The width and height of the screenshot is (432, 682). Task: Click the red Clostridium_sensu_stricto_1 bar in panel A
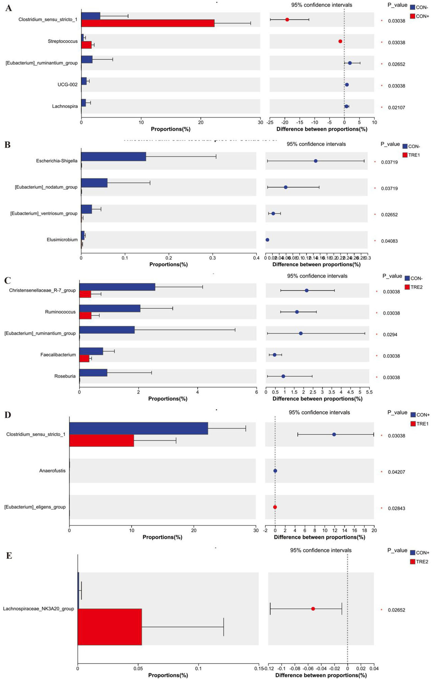(148, 23)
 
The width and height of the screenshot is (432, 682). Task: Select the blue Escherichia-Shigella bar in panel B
(113, 157)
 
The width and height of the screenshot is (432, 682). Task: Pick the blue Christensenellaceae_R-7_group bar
(117, 287)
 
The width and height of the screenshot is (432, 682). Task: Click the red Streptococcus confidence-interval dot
(340, 41)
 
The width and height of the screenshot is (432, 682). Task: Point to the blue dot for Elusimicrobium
(267, 240)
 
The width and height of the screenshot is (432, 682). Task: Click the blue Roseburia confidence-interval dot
(283, 376)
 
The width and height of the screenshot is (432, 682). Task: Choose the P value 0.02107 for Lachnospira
(396, 108)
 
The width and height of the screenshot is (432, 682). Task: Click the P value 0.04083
(389, 241)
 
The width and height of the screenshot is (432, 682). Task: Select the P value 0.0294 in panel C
(390, 335)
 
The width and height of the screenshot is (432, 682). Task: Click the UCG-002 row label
(67, 85)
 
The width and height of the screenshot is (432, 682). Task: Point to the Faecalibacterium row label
(58, 355)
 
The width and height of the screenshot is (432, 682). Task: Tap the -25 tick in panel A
(270, 122)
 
